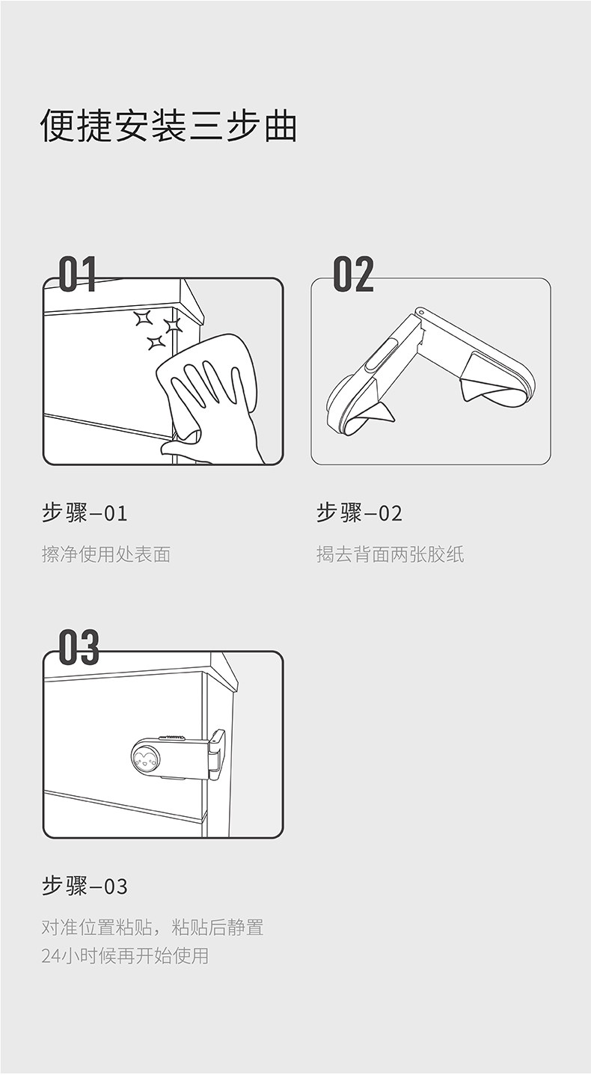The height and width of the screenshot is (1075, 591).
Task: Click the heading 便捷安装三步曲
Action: pos(169,126)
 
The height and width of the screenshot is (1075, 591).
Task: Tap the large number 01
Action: pos(78,274)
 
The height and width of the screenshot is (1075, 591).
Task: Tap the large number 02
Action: pos(353,274)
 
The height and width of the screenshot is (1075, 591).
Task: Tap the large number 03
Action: pos(79,648)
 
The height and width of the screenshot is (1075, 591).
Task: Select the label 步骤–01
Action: pos(85,513)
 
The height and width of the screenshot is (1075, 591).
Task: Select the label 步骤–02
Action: pos(359,513)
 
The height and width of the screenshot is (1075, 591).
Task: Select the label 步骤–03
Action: pos(85,886)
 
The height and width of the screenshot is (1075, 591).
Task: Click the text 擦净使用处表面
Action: pos(106,554)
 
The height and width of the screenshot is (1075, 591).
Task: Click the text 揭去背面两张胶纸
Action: pos(390,554)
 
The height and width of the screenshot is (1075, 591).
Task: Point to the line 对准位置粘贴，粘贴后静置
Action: pos(153,928)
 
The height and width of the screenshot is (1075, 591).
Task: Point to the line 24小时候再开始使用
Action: pos(125,955)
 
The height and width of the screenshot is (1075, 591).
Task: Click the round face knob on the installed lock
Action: pos(147,760)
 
